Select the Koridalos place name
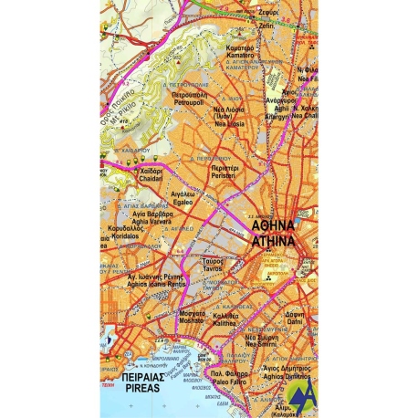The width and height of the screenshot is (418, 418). pos(121,235)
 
